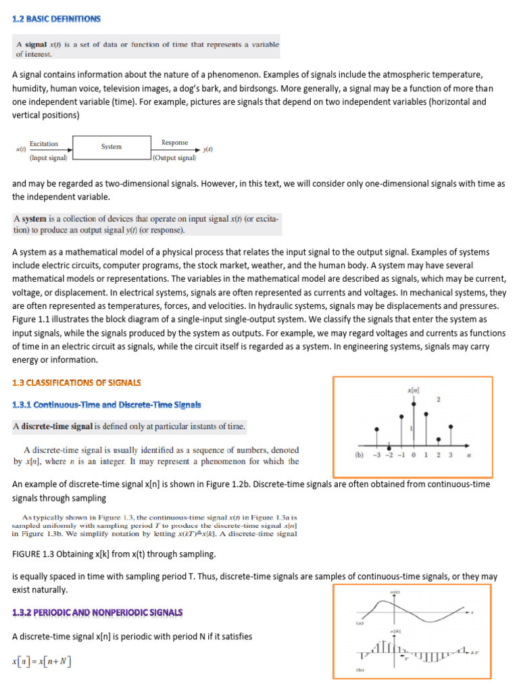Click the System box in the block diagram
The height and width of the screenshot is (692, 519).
pyautogui.click(x=112, y=147)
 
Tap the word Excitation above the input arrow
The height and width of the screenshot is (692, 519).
pyautogui.click(x=44, y=143)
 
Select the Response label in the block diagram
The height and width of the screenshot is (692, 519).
pyautogui.click(x=174, y=143)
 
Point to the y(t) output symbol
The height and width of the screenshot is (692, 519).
pyautogui.click(x=208, y=149)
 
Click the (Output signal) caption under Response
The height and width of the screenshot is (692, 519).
pyautogui.click(x=174, y=158)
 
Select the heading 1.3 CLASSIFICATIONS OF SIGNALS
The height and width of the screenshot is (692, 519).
pyautogui.click(x=76, y=382)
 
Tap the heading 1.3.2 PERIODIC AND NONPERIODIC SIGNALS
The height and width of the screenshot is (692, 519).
pyautogui.click(x=97, y=612)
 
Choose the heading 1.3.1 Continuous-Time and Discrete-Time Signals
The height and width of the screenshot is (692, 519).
pyautogui.click(x=107, y=405)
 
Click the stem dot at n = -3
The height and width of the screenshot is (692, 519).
pyautogui.click(x=377, y=428)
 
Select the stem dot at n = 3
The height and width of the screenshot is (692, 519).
pyautogui.click(x=450, y=426)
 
